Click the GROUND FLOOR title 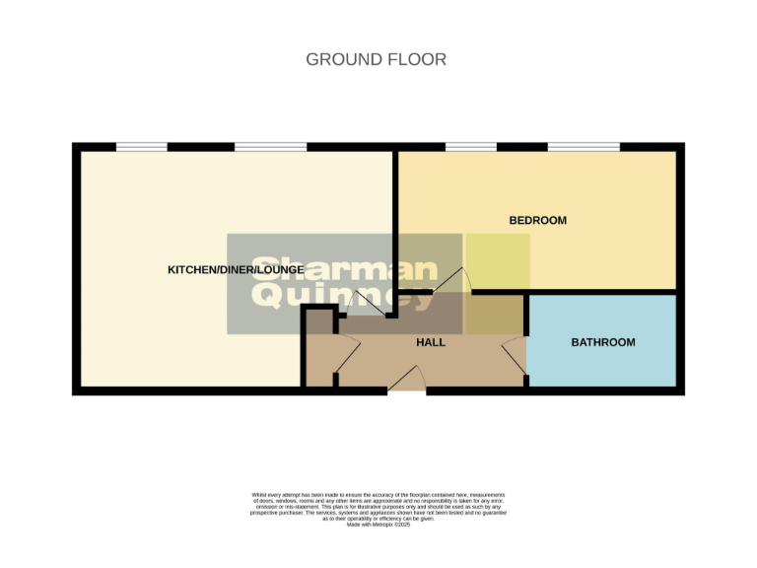[x=376, y=59]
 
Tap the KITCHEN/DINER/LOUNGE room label [x=236, y=269]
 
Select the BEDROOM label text [x=537, y=220]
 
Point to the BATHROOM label [x=603, y=342]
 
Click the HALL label [x=430, y=342]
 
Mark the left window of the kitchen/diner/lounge [x=141, y=148]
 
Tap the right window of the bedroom [x=584, y=148]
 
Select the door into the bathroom [x=515, y=354]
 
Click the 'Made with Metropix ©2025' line [x=378, y=524]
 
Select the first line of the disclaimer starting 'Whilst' [x=378, y=494]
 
